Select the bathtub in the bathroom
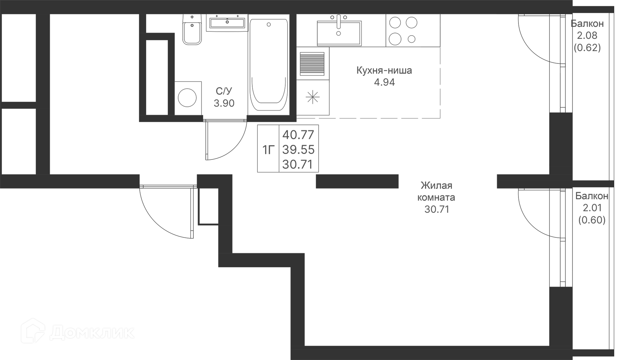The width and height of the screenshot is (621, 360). (x=268, y=65)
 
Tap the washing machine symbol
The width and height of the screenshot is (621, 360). (x=187, y=98)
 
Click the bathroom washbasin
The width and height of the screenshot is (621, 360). (x=227, y=23)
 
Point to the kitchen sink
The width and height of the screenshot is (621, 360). (x=339, y=32)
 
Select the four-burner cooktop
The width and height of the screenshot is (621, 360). (x=403, y=31)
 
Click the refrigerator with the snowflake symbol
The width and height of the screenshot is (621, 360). (x=313, y=97)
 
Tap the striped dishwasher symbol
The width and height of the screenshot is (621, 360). (x=312, y=63)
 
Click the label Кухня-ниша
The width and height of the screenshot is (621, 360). (x=384, y=71)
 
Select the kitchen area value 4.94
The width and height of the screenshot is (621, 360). (x=384, y=82)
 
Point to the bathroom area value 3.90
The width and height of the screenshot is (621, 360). (x=224, y=103)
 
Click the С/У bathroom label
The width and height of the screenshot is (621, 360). (x=224, y=91)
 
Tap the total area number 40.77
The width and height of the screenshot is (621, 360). (x=298, y=135)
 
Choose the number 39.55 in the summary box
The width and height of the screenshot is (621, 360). (x=298, y=149)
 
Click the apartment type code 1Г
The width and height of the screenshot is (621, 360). (x=268, y=150)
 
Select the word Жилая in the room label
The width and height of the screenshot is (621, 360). (x=436, y=185)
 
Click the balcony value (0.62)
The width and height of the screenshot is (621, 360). (x=587, y=48)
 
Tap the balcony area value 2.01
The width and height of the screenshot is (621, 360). (x=592, y=208)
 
